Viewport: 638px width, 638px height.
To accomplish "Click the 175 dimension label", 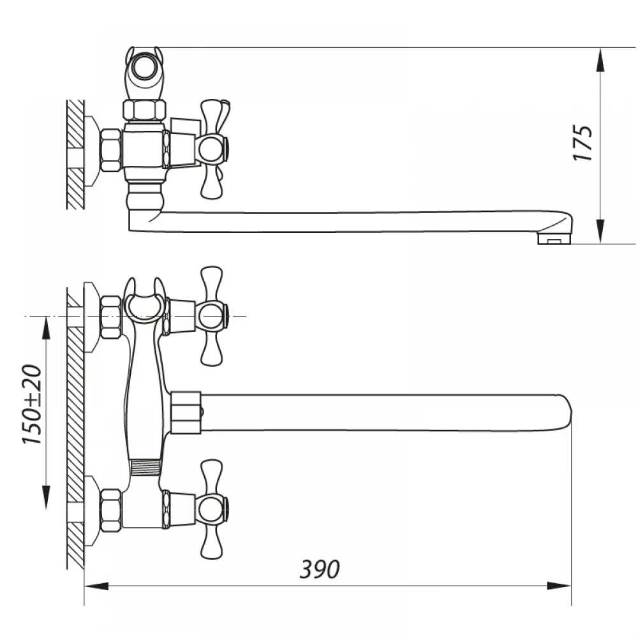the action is point(582,143).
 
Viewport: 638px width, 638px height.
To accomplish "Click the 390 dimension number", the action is point(320,569).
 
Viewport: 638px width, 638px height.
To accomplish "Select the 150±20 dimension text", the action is point(32,404).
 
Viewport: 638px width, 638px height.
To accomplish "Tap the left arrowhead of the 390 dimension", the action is point(96,586).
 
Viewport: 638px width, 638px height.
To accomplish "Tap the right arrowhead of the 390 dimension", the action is point(559,586).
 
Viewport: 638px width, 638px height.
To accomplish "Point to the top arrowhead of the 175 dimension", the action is point(600,60).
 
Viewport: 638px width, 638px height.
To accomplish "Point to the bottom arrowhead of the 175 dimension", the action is point(600,232).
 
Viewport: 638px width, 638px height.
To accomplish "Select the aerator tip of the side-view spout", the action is point(554,239).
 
